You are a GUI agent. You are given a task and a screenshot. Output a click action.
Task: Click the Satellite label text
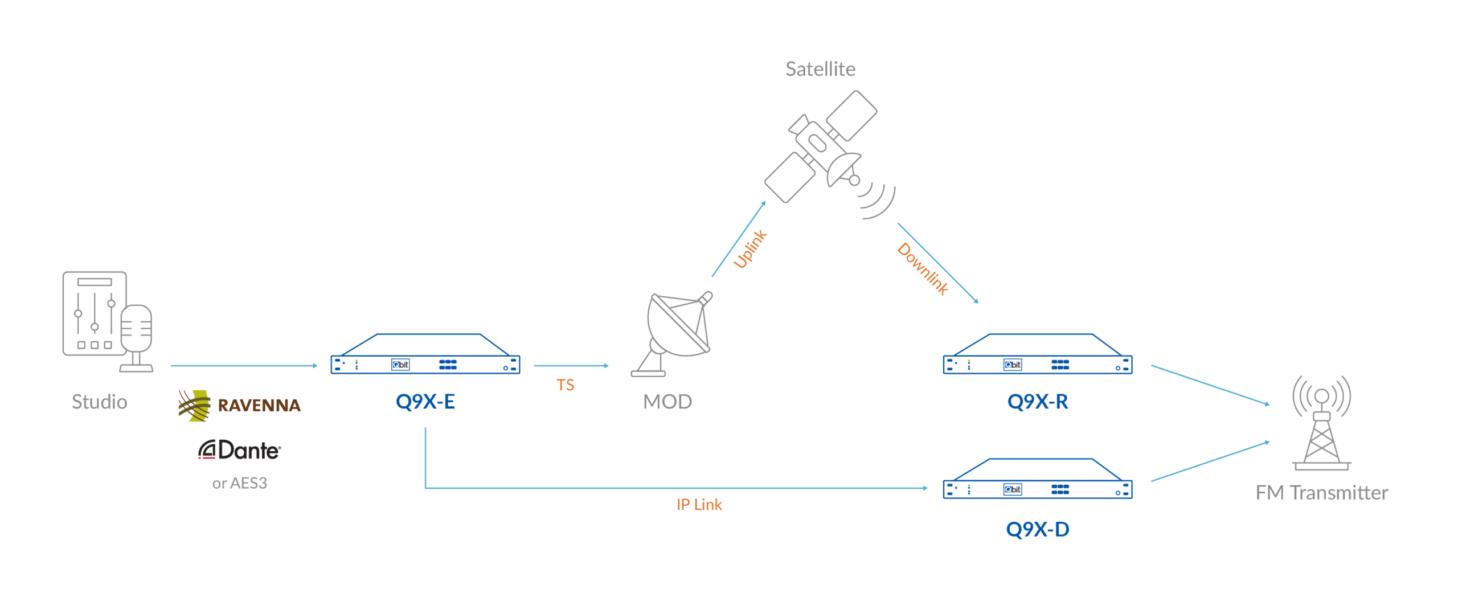[x=820, y=69]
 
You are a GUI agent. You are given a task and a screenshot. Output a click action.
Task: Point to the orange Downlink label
[x=923, y=269]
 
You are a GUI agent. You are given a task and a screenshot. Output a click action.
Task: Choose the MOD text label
[x=667, y=402]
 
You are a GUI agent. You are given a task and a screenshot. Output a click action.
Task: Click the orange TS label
[x=565, y=386]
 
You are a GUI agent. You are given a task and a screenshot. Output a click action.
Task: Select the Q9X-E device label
[x=425, y=402]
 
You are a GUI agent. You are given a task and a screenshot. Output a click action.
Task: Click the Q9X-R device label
[x=1038, y=402]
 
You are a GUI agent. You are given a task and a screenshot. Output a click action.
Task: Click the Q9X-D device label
[x=1038, y=530]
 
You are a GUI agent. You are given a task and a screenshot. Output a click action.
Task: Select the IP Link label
[x=699, y=505]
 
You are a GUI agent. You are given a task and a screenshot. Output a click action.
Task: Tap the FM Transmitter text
[x=1322, y=493]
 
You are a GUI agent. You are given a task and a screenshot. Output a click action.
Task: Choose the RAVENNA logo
[x=240, y=406]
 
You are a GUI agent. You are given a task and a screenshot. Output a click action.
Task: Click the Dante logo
[x=240, y=450]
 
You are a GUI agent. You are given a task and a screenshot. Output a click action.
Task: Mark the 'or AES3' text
[x=240, y=484]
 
